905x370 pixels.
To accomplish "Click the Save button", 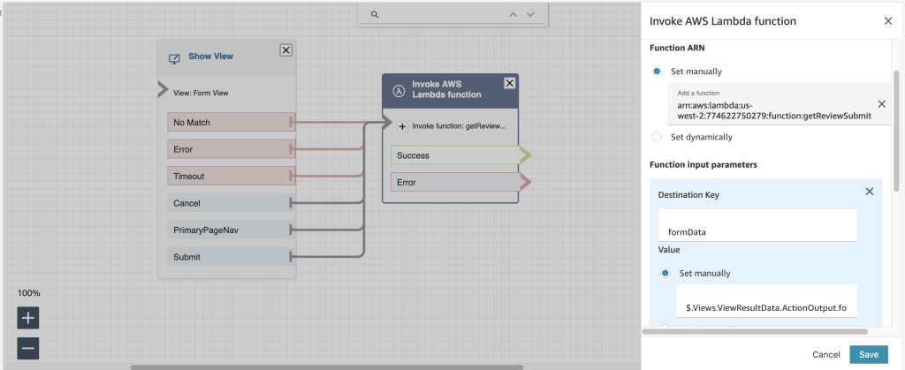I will tap(868, 354).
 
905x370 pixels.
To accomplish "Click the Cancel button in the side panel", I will tap(825, 354).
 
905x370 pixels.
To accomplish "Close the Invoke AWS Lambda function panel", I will tap(887, 20).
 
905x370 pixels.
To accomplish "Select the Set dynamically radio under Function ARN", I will tap(656, 137).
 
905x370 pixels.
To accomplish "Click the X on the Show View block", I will tap(285, 50).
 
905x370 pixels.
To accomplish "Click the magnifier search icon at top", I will tap(375, 14).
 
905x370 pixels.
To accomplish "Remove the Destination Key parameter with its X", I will tap(869, 192).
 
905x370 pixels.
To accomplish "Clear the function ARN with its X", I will tap(880, 103).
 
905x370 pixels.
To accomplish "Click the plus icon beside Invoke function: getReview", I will tap(402, 126).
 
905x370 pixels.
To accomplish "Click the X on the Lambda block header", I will tap(509, 83).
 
